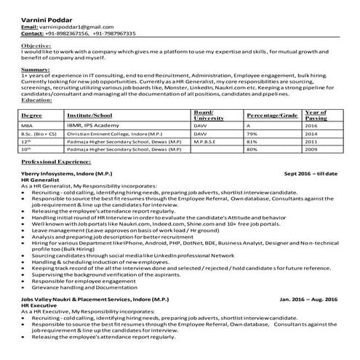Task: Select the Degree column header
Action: pyautogui.click(x=32, y=115)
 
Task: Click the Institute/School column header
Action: pyautogui.click(x=89, y=115)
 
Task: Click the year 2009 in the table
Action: pyautogui.click(x=311, y=149)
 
